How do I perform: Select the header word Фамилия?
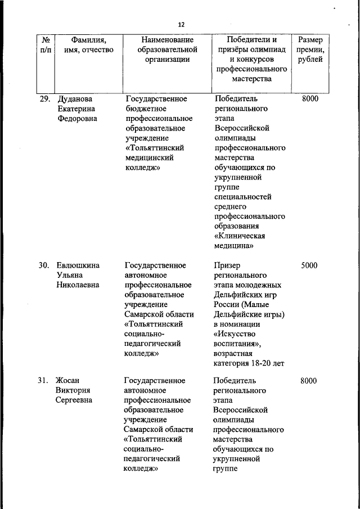[89, 40]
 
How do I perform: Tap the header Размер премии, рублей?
[310, 49]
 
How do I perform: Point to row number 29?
[45, 99]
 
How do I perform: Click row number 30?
[45, 265]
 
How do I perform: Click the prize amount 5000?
[309, 265]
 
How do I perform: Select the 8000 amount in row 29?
[310, 99]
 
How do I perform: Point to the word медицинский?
[149, 158]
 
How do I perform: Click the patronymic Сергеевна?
[74, 400]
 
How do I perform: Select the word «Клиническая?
[239, 236]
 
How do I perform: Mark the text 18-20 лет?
[269, 363]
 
